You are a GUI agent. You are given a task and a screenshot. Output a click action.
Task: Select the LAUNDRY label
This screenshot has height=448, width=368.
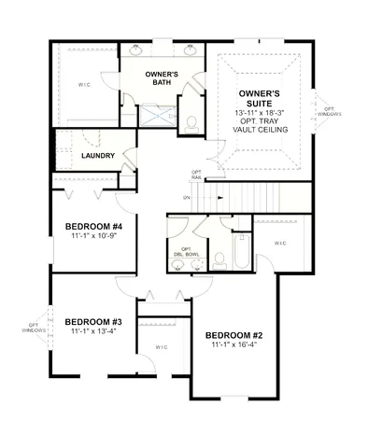tap(98, 156)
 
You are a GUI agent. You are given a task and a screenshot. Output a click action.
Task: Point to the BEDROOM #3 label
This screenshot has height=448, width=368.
tap(92, 319)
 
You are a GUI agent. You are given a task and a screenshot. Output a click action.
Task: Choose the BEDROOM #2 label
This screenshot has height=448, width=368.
tap(234, 335)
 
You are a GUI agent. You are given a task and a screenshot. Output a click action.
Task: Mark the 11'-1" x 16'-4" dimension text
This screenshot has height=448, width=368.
tap(234, 346)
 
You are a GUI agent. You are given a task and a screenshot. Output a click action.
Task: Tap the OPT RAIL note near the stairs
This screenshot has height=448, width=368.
tap(196, 174)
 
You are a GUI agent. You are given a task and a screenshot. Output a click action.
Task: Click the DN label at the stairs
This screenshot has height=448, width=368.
tap(187, 198)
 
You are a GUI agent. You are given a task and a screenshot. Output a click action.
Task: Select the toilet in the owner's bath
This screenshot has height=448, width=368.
tap(191, 121)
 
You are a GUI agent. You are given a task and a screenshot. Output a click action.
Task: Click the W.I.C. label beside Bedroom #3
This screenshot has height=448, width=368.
tap(161, 348)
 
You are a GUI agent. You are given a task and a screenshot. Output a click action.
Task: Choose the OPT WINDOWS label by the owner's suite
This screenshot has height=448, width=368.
tap(331, 111)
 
